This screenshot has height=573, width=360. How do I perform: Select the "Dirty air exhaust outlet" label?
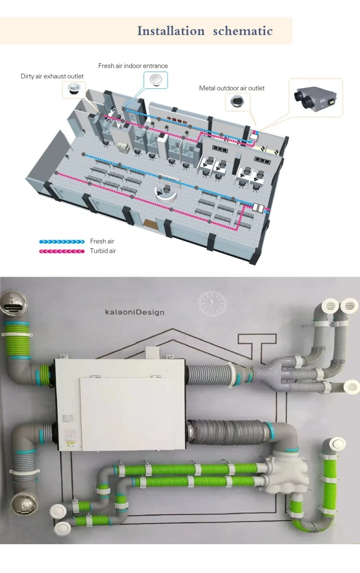[x=52, y=76]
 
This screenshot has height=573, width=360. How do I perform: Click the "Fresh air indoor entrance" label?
[x=133, y=66]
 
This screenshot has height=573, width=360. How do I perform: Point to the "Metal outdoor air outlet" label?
[x=231, y=88]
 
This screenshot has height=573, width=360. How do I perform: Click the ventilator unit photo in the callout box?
[x=317, y=98]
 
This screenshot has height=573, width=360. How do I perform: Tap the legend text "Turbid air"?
[x=103, y=251]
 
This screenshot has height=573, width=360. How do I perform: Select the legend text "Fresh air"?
[x=102, y=242]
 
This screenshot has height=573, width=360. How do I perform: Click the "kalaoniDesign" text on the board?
[x=134, y=312]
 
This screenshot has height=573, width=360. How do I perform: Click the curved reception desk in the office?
[x=166, y=194]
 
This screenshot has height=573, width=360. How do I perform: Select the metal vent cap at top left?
[x=14, y=303]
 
